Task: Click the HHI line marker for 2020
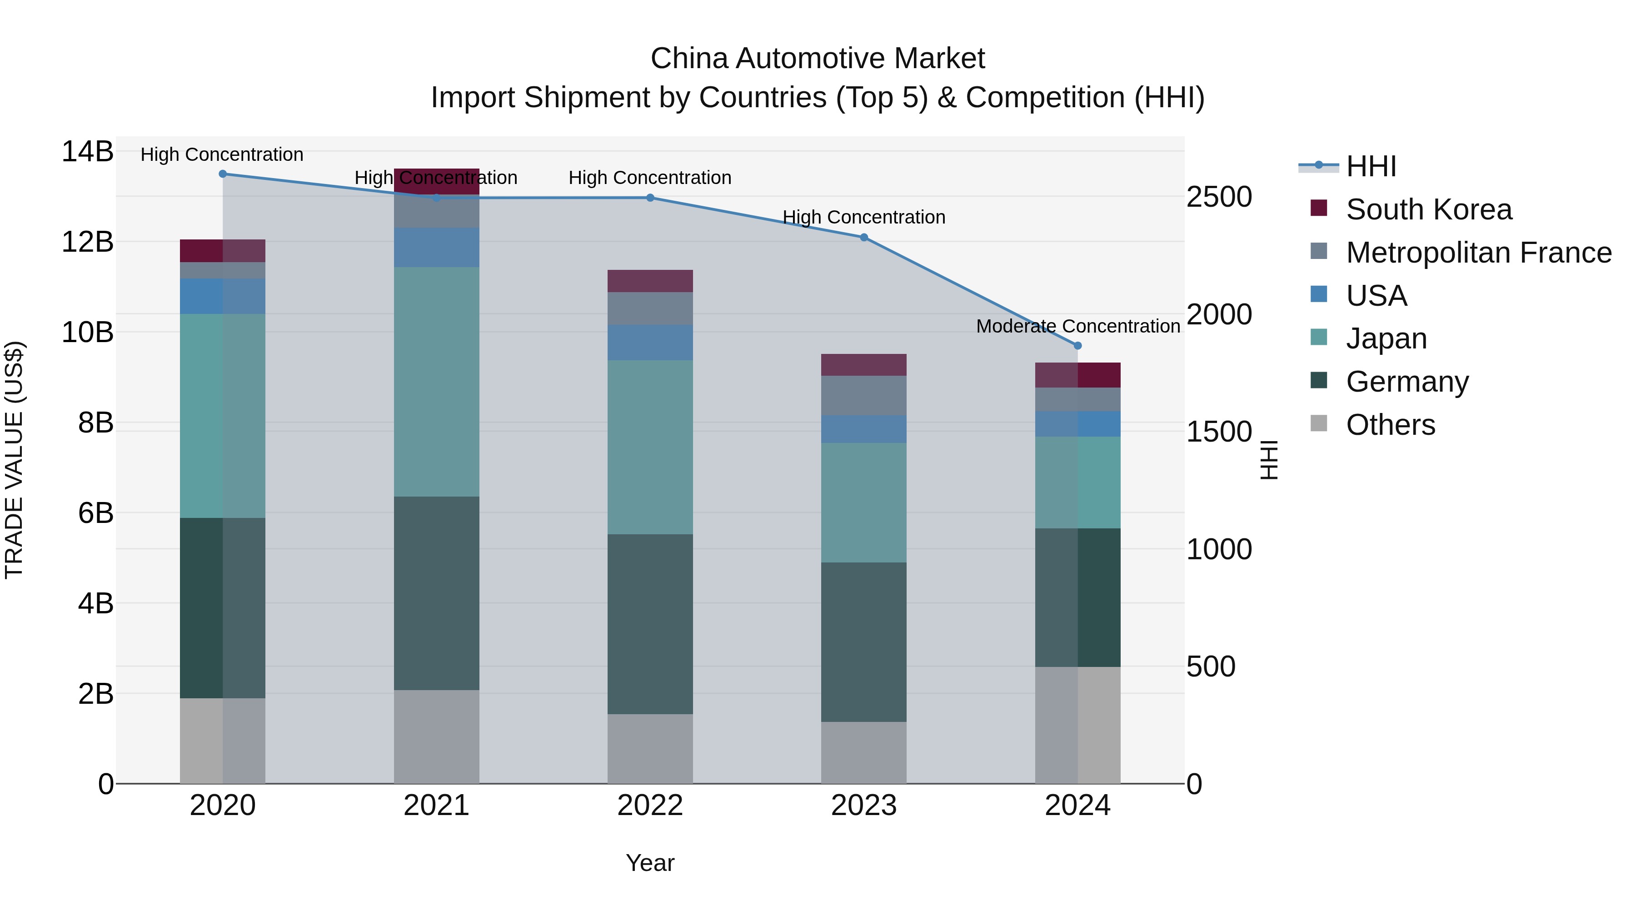click(222, 174)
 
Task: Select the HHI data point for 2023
click(864, 238)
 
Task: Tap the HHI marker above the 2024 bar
click(1078, 346)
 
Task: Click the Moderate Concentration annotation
click(1078, 326)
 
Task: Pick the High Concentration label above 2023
click(864, 217)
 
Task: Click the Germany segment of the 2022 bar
click(650, 624)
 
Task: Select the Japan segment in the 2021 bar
click(436, 382)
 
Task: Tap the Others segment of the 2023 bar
click(864, 752)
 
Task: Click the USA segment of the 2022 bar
click(650, 343)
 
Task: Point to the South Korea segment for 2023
click(864, 365)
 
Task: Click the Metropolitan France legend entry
click(1478, 253)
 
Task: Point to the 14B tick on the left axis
click(88, 152)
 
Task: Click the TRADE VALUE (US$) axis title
click(14, 460)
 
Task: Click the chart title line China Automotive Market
click(818, 59)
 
